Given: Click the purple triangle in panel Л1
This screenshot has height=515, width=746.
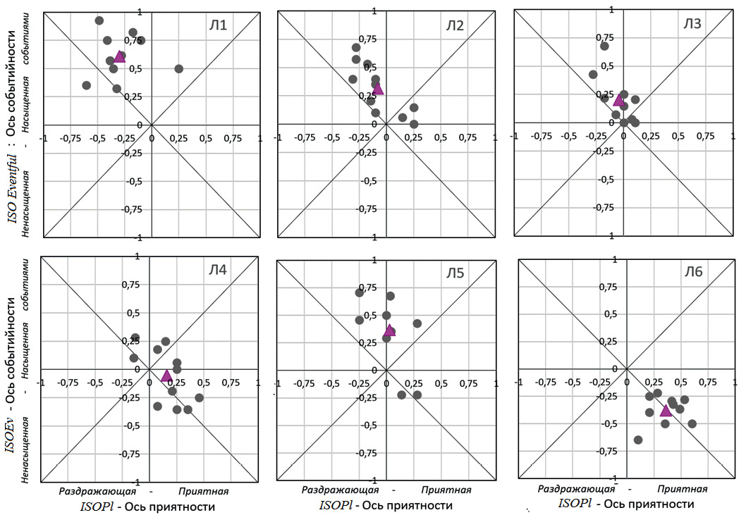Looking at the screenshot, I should (x=119, y=56).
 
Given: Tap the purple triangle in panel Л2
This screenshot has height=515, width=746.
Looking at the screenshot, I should (x=378, y=88).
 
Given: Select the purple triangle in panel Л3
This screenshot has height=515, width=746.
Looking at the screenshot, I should (x=618, y=100).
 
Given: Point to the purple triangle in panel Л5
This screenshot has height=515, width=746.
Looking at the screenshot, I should (x=389, y=330).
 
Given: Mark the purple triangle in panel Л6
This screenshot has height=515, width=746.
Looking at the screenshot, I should (x=666, y=410).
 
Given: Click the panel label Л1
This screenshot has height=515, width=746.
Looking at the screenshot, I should (x=217, y=26).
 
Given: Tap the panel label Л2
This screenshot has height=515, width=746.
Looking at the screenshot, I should (x=454, y=26).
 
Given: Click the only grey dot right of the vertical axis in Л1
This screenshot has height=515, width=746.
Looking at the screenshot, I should (x=178, y=69).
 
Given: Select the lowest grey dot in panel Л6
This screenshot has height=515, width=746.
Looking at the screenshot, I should (x=638, y=440).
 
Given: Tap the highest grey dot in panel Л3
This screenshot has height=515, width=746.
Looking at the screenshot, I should (x=604, y=46).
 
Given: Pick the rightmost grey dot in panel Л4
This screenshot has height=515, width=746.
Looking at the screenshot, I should (x=199, y=397).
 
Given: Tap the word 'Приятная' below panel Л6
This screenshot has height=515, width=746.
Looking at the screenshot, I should (x=683, y=488).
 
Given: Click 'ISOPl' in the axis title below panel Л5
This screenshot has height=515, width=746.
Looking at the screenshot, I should (x=336, y=505).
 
